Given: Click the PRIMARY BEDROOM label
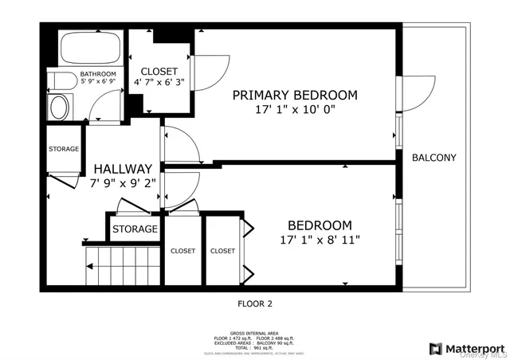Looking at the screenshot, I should pyautogui.click(x=295, y=95).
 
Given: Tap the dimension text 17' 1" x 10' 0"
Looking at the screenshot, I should pyautogui.click(x=295, y=110).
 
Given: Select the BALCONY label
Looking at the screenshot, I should pyautogui.click(x=433, y=158).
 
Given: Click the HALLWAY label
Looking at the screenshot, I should pyautogui.click(x=122, y=169).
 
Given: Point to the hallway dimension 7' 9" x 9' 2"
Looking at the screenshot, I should pyautogui.click(x=122, y=182).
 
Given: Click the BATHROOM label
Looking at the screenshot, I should pyautogui.click(x=97, y=74).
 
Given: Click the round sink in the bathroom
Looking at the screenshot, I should pyautogui.click(x=60, y=108).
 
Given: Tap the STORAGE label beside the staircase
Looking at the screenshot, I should pyautogui.click(x=135, y=229).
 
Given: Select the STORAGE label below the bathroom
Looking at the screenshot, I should pyautogui.click(x=64, y=149).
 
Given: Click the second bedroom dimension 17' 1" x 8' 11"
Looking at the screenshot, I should pyautogui.click(x=325, y=240).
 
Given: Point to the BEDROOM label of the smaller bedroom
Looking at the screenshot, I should pyautogui.click(x=319, y=225).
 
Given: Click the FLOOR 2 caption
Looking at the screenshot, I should pyautogui.click(x=255, y=303).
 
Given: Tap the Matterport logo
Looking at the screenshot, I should pyautogui.click(x=465, y=348).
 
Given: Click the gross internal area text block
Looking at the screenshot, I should pyautogui.click(x=255, y=339).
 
